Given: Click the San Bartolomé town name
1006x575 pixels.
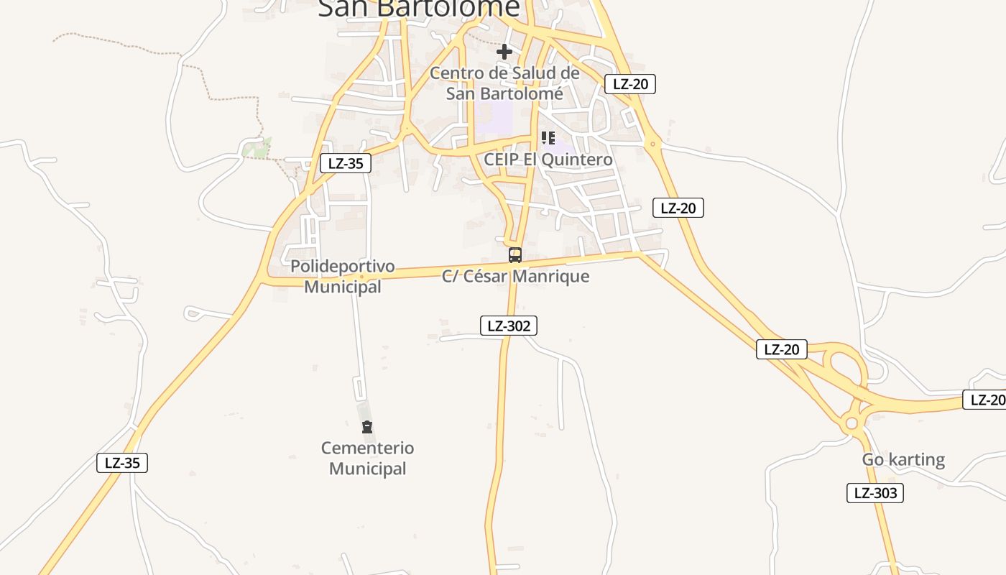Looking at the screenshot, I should click(418, 7).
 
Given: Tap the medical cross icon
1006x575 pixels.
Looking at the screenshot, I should click(504, 52).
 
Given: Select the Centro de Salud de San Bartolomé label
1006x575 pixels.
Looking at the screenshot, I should click(504, 83).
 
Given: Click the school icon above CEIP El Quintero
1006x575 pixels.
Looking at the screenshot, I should click(548, 137).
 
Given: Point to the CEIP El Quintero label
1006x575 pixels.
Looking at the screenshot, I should click(548, 159).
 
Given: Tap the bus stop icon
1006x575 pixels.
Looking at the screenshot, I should click(514, 255).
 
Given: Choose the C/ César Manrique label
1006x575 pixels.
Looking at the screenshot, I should click(516, 276).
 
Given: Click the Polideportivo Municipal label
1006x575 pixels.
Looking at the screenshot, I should click(343, 276).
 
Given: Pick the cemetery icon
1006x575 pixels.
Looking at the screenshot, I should click(367, 428).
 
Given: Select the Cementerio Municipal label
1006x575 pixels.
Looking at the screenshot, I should click(367, 458).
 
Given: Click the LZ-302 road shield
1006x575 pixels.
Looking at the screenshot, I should click(508, 326).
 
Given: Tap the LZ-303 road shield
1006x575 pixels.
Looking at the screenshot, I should click(875, 493).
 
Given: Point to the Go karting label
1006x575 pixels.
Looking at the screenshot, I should click(903, 459).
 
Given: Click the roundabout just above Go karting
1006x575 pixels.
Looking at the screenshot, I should click(852, 423).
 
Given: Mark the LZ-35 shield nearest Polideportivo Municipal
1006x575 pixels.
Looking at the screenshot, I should click(346, 163).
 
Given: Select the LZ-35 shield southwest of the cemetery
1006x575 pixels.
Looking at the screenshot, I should click(122, 463).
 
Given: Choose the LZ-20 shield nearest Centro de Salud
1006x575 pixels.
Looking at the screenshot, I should click(630, 84).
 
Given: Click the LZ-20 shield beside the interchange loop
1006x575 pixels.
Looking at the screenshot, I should click(782, 350).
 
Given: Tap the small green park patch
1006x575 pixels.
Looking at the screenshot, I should click(257, 149).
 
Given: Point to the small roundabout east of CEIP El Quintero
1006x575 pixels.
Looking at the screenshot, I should click(652, 144).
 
